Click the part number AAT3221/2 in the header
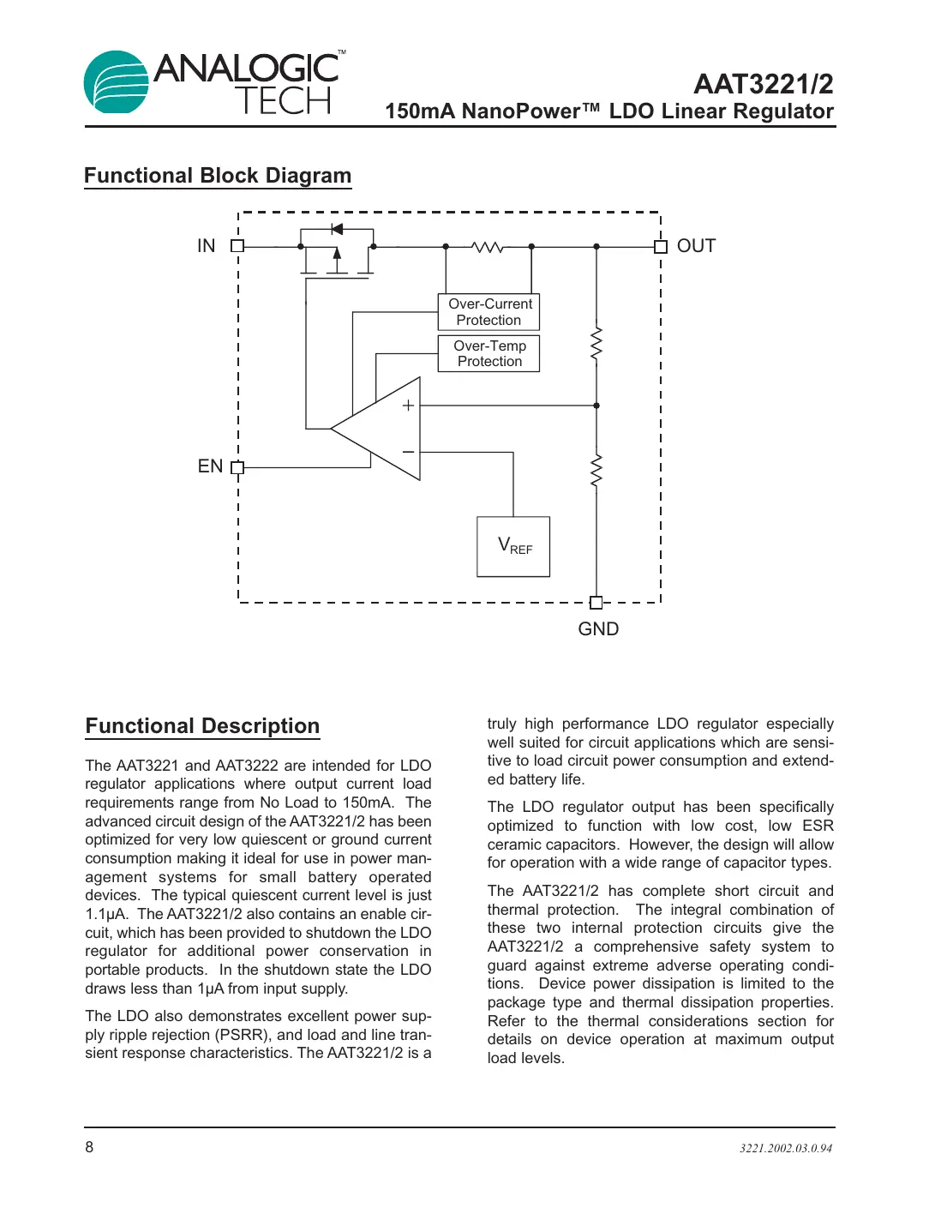pos(763,84)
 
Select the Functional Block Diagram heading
pos(218,176)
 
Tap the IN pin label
pos(206,246)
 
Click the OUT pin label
pos(696,246)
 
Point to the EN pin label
pos(210,466)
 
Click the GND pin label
pos(598,629)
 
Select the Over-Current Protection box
pos(488,312)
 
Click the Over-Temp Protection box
pos(488,353)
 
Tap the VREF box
pos(513,547)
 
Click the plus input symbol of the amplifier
pos(408,406)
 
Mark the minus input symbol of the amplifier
pos(408,452)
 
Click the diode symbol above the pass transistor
pos(337,229)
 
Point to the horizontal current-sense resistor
pos(488,247)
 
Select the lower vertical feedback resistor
pos(596,472)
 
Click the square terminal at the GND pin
pos(596,603)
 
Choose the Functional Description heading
pos(202,726)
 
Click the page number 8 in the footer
pos(89,1147)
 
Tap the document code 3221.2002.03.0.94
pos(785,1149)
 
